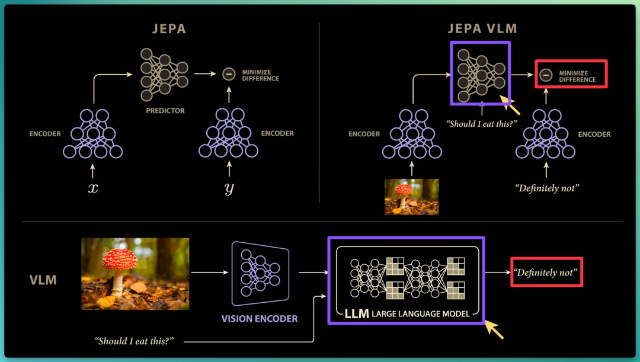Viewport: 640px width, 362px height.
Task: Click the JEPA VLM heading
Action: (x=482, y=28)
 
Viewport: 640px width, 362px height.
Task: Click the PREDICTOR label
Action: (x=165, y=111)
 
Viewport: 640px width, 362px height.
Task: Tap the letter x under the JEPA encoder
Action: (x=93, y=188)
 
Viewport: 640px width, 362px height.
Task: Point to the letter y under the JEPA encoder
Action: (x=229, y=188)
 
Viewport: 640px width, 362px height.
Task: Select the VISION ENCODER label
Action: (x=260, y=319)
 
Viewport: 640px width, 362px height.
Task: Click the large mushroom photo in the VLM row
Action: (x=135, y=274)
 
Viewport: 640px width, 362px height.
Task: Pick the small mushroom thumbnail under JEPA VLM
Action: (x=411, y=197)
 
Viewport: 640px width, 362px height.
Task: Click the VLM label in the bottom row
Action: (x=43, y=280)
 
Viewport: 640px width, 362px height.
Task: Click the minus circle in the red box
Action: (x=546, y=75)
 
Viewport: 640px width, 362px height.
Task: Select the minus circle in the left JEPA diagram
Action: (x=229, y=74)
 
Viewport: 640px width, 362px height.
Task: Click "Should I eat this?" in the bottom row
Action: (x=135, y=341)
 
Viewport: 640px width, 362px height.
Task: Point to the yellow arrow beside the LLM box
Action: (x=494, y=329)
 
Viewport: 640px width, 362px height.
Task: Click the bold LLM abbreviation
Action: (x=357, y=313)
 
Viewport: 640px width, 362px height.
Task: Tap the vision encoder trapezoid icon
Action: (x=260, y=274)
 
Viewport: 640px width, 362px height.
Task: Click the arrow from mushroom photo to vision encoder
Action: (x=209, y=272)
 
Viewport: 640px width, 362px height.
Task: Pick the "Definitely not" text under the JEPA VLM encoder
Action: (x=547, y=188)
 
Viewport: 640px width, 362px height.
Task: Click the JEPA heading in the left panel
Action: (x=169, y=29)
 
